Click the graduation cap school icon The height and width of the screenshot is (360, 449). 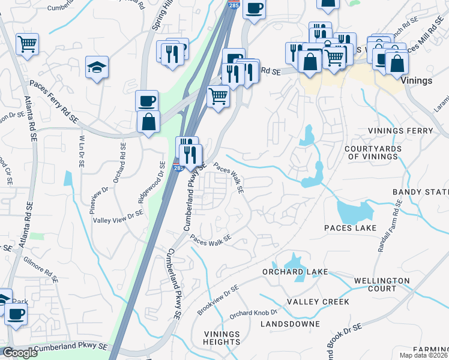click(x=97, y=67)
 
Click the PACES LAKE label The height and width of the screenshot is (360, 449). click(x=350, y=228)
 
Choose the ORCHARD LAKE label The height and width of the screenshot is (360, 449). click(x=295, y=272)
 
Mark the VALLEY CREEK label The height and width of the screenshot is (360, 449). click(x=318, y=302)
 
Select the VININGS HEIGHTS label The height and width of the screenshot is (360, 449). click(x=221, y=338)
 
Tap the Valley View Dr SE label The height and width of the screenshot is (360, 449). click(x=118, y=216)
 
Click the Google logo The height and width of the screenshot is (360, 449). click(x=20, y=353)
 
